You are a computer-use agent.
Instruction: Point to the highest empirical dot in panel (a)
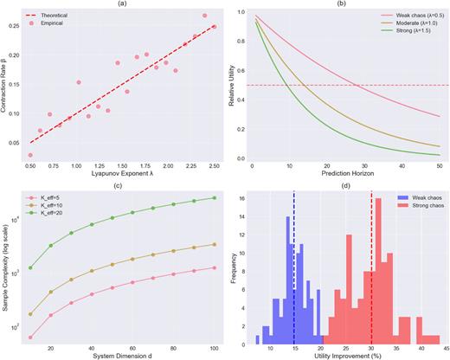tap(204, 16)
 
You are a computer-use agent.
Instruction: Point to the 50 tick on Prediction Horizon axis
tap(440, 166)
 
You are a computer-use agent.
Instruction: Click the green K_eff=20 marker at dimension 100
tap(214, 198)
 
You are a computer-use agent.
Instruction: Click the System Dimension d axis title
tap(122, 357)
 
